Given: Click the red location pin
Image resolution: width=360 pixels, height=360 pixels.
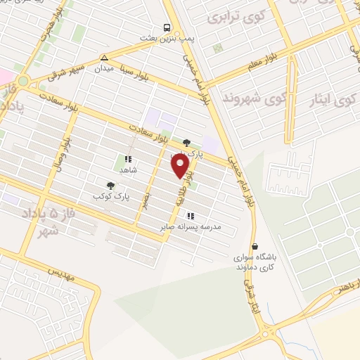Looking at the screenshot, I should [181, 166].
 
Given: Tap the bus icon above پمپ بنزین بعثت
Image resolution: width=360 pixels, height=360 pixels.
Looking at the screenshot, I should [167, 27].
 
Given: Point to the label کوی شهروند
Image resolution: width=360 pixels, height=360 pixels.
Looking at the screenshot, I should [247, 98].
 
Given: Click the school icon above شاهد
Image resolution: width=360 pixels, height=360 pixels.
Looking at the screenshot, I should [128, 160].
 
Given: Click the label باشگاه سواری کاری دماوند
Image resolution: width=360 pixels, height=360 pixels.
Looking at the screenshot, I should [257, 263].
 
